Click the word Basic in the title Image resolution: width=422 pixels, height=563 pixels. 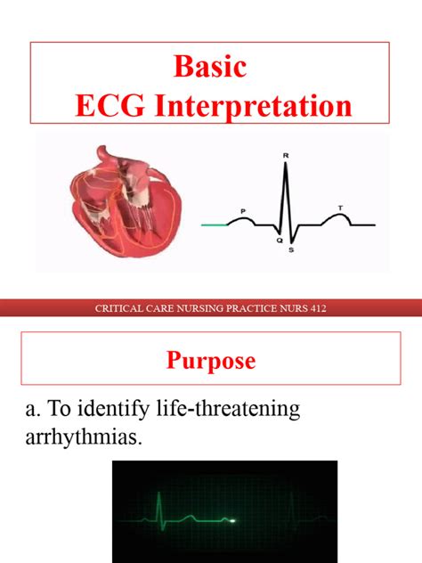pyautogui.click(x=210, y=67)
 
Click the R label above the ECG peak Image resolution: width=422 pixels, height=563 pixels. pyautogui.click(x=286, y=156)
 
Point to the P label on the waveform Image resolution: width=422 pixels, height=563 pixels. pyautogui.click(x=242, y=211)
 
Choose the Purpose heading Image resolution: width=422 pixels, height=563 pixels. pyautogui.click(x=210, y=361)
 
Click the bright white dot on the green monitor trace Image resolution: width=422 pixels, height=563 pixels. pyautogui.click(x=233, y=520)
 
